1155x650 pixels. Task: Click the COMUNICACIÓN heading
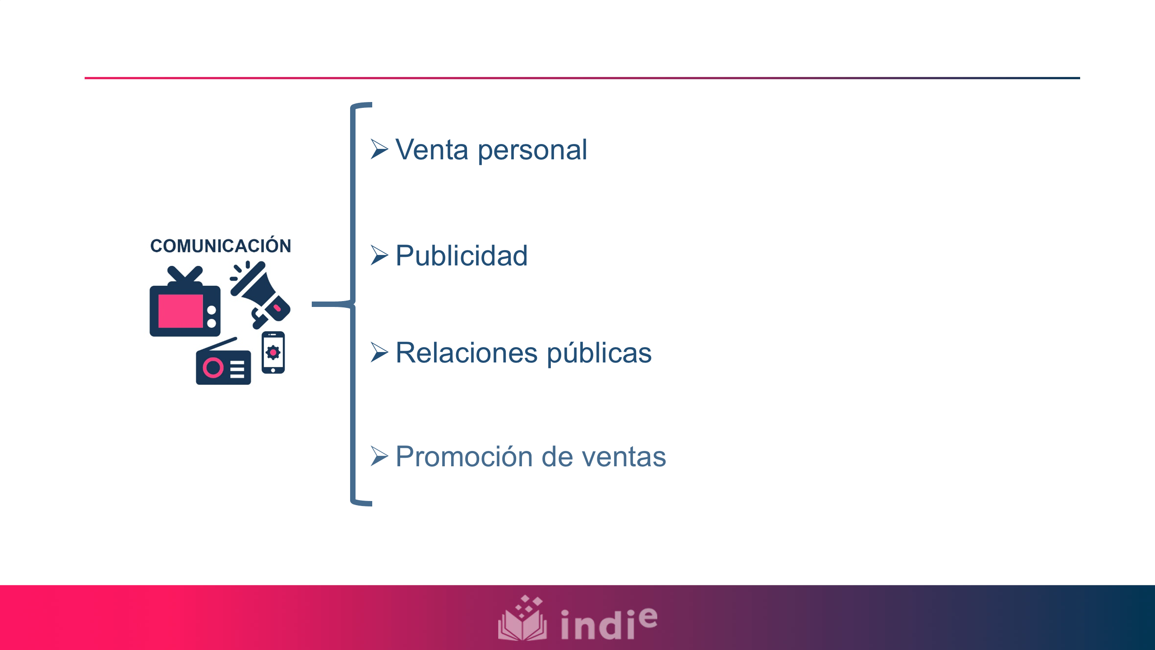(221, 246)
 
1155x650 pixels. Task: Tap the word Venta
(431, 150)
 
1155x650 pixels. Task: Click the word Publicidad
(461, 256)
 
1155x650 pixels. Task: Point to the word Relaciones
(467, 353)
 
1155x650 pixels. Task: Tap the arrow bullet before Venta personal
(379, 149)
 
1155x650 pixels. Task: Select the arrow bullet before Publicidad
(379, 255)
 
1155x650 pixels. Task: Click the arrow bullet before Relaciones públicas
(379, 353)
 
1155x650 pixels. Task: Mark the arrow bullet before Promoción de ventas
(379, 456)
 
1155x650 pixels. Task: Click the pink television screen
(180, 311)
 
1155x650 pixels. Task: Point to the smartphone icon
(273, 353)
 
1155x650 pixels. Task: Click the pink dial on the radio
(213, 368)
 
